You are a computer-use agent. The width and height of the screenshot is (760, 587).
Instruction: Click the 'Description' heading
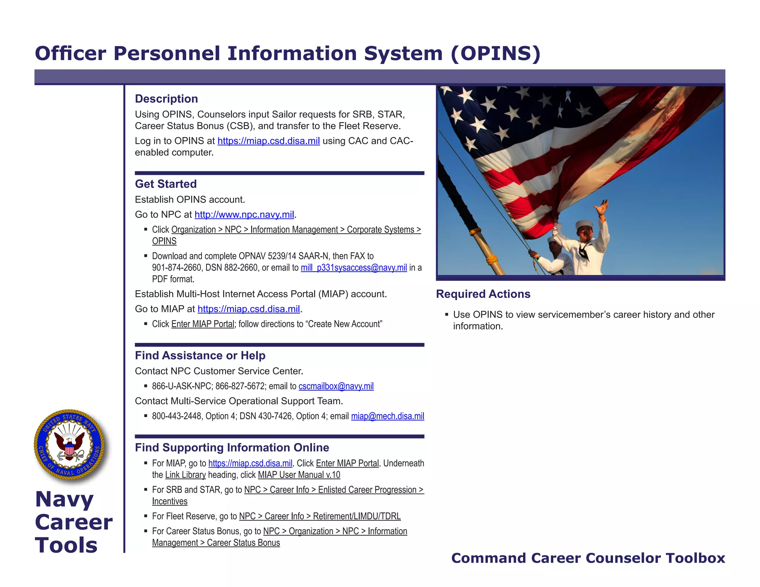[166, 99]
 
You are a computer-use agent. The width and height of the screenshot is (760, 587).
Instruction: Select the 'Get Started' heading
[166, 184]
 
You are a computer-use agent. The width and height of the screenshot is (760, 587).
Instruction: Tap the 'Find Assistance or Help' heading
[200, 355]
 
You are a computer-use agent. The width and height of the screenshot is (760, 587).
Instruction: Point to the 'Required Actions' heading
[483, 294]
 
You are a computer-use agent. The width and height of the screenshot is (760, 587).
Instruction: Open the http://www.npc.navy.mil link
[244, 214]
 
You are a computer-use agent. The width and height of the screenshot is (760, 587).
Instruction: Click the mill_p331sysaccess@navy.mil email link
[354, 268]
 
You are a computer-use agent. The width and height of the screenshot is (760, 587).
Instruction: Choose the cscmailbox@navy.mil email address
[336, 386]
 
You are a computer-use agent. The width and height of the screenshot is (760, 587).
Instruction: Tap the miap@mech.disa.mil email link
[387, 416]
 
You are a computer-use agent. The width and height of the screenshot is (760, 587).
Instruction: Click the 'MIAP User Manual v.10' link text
[299, 475]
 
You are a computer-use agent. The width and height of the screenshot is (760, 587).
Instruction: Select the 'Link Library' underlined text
[185, 475]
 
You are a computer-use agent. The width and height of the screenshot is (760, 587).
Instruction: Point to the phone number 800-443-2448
[177, 416]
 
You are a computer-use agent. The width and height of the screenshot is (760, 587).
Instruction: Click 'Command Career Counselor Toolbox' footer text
[588, 558]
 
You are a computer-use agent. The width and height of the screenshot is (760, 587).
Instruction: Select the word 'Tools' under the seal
[66, 545]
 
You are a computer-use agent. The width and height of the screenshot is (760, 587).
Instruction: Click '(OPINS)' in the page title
[495, 53]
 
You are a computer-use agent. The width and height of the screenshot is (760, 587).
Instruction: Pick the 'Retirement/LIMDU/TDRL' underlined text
[357, 516]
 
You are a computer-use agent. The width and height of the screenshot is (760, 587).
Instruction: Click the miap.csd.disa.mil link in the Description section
[268, 141]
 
